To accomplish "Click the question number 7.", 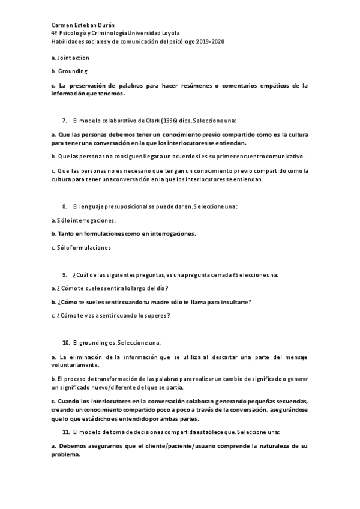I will pyautogui.click(x=64, y=121).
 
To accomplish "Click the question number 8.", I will pyautogui.click(x=64, y=206).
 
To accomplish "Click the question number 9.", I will pyautogui.click(x=64, y=274).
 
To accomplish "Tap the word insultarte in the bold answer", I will pyautogui.click(x=230, y=302).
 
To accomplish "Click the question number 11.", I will pyautogui.click(x=66, y=432).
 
